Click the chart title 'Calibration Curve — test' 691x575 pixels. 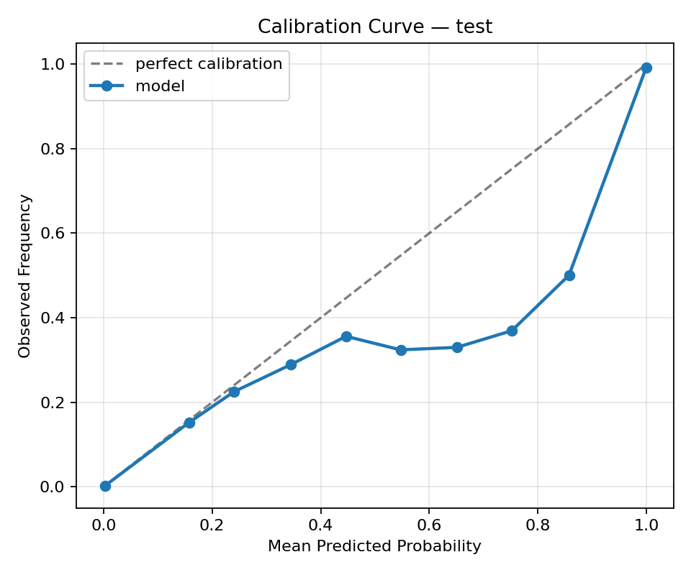[375, 27]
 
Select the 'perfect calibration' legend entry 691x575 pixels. [209, 64]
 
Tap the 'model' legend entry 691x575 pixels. [160, 86]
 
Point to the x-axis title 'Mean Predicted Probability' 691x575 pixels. [374, 546]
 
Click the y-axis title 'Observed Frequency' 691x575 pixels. [25, 276]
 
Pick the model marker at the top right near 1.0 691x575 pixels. [646, 68]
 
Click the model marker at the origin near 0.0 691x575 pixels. [105, 486]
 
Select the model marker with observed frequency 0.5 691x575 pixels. [569, 275]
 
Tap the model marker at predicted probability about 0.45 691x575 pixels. [346, 336]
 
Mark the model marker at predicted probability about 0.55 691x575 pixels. [401, 350]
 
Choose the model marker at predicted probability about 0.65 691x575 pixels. [457, 347]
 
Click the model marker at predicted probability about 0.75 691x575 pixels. [512, 331]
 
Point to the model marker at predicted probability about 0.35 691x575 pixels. [291, 364]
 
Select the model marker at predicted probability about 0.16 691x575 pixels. [189, 423]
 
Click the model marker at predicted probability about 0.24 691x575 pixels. [234, 392]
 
